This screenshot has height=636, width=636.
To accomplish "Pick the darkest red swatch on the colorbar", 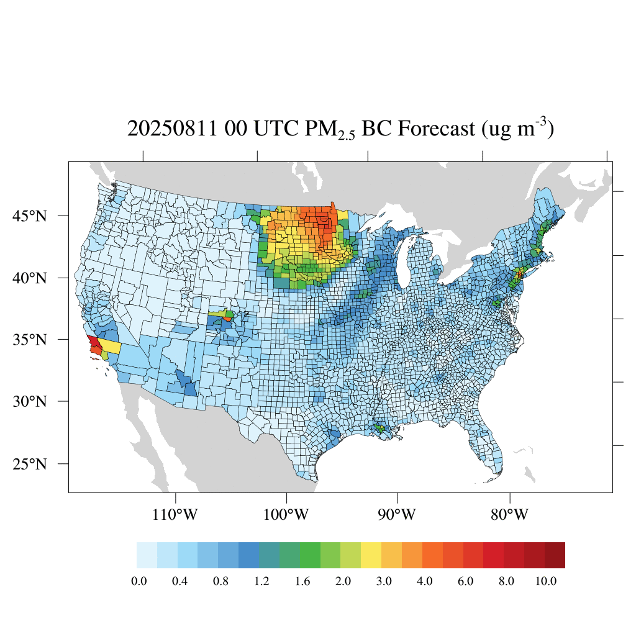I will point(555,555).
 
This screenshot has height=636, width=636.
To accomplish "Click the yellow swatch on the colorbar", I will point(371,555).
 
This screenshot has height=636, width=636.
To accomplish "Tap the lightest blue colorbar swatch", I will point(147,555).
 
